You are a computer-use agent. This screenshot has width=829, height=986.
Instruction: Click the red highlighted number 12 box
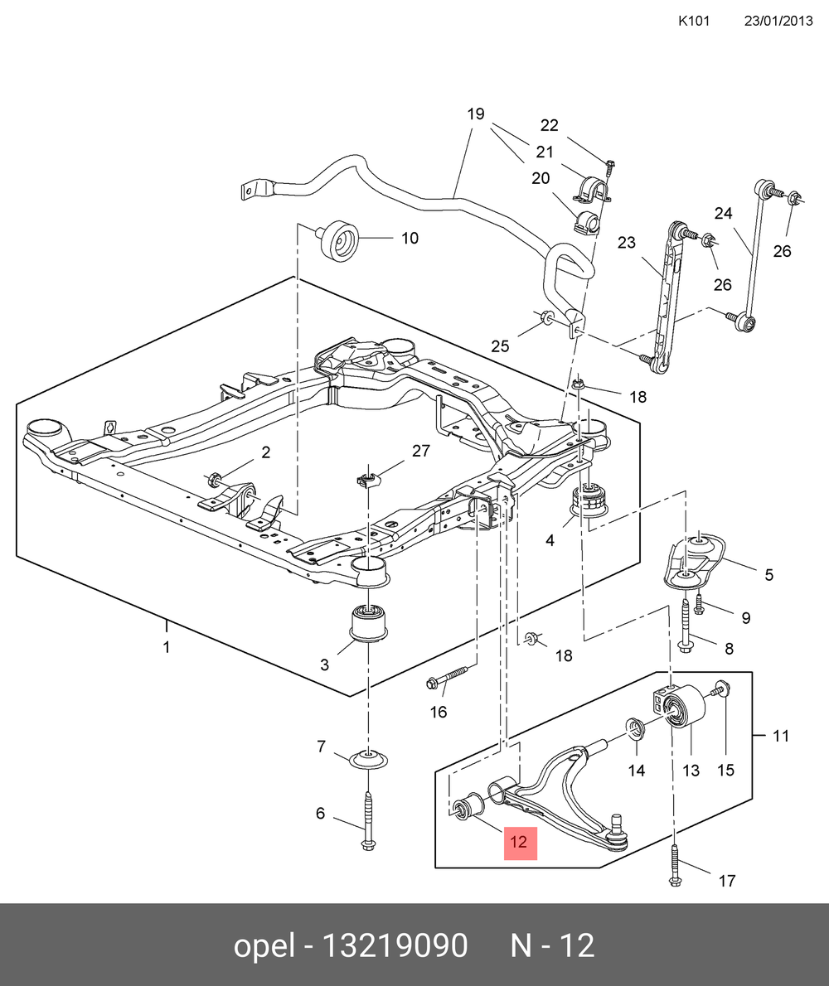click(518, 843)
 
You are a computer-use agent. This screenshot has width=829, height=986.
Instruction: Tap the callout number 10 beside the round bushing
click(410, 239)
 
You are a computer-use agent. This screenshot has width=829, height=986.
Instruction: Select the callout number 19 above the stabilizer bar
click(475, 114)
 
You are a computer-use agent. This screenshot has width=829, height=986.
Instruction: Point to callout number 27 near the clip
click(421, 451)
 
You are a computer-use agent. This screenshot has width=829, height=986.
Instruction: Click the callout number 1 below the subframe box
click(167, 646)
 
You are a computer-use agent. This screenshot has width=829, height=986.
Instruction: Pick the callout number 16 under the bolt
click(438, 712)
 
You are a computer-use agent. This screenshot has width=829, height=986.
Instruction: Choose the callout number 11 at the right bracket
click(781, 736)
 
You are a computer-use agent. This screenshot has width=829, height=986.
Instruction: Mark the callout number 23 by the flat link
click(626, 244)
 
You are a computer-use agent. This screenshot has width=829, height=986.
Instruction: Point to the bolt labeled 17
click(677, 863)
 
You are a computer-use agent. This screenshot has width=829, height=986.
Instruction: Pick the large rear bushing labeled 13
click(684, 710)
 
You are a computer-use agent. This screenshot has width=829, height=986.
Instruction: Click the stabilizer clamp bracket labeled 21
click(589, 190)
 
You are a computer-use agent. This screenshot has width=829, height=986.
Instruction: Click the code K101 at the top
click(694, 21)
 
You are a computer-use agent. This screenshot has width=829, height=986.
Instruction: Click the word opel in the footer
click(264, 945)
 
